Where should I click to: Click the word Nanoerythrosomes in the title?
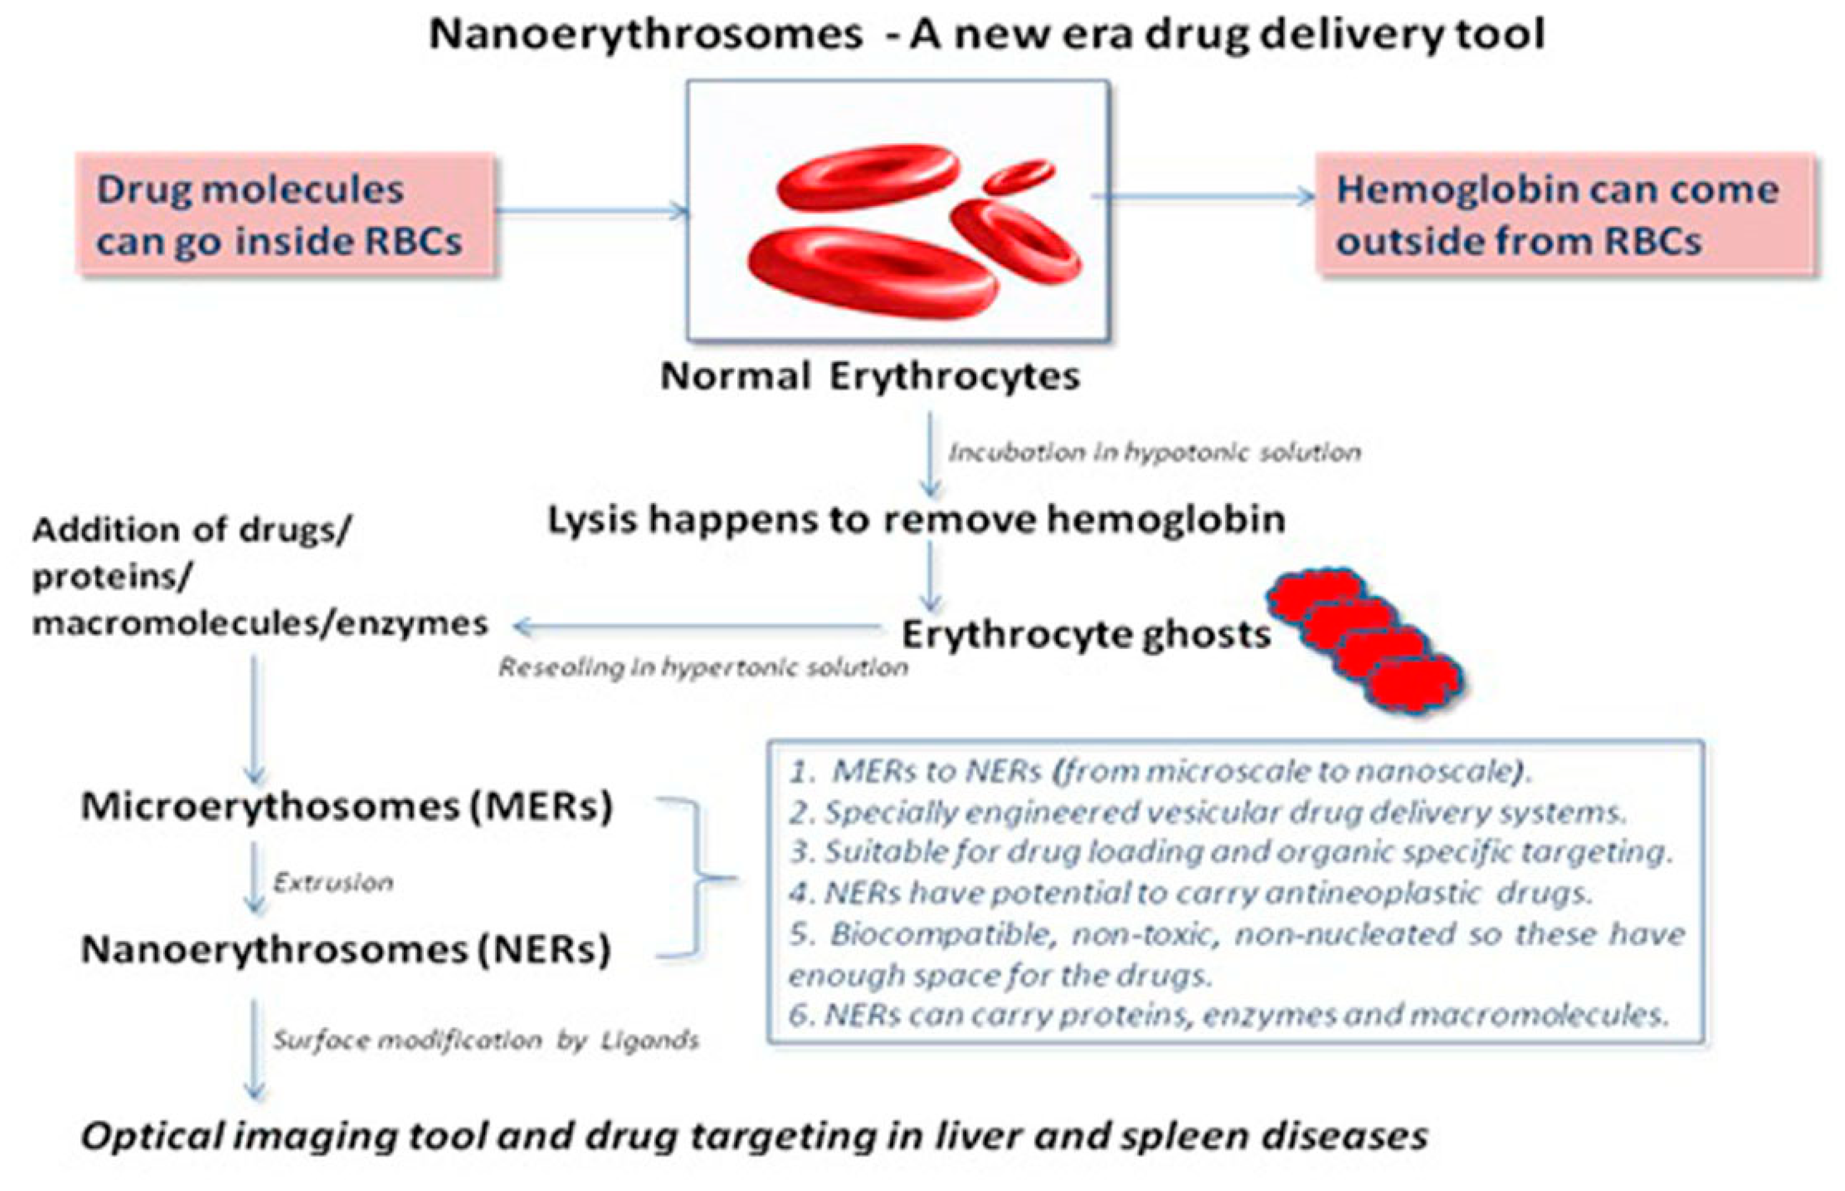645,35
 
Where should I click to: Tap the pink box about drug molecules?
285,215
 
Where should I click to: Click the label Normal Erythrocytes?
869,377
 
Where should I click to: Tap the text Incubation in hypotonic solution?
1153,452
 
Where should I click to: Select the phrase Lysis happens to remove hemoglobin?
916,520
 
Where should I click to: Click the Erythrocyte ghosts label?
1085,636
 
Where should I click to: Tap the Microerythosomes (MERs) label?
346,807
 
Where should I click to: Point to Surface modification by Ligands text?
486,1041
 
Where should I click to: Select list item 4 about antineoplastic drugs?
1190,894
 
